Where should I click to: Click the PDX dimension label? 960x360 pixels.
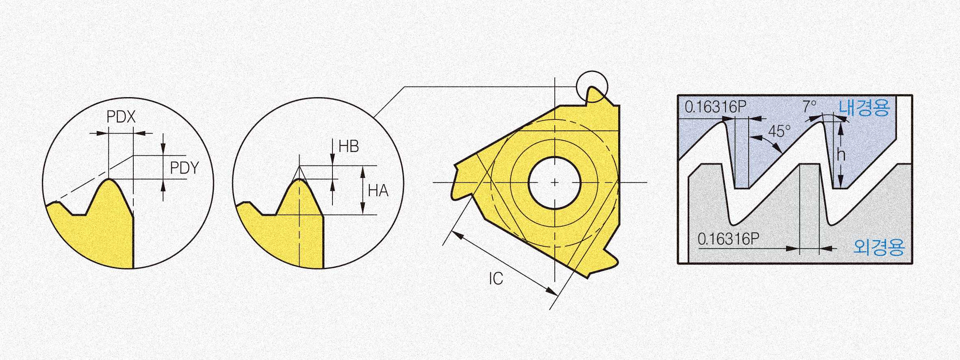click(121, 117)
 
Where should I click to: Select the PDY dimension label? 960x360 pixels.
click(184, 168)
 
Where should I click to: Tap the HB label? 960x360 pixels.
click(349, 146)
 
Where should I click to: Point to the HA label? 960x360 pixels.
click(378, 191)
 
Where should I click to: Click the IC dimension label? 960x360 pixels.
click(496, 278)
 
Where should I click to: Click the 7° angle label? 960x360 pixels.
click(809, 106)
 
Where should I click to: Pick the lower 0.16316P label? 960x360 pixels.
click(728, 239)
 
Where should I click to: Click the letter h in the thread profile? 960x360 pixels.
click(841, 154)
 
